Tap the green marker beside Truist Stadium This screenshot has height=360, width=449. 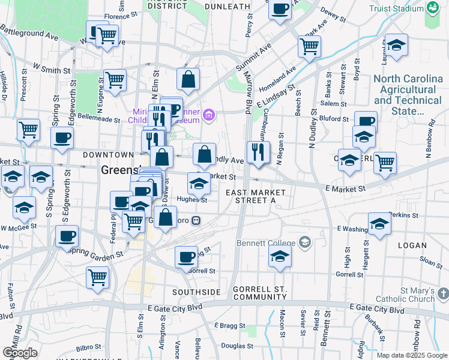coord(432,8)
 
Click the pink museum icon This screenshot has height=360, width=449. coord(209,115)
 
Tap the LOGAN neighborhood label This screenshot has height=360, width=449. coord(412,245)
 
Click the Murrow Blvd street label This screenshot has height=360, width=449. coord(247,90)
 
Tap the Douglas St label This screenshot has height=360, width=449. coord(237,346)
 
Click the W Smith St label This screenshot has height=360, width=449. coord(47,70)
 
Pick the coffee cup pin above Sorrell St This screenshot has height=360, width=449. coord(187,257)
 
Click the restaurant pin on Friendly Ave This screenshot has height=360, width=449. coord(258,152)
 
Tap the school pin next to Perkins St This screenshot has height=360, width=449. coord(379,224)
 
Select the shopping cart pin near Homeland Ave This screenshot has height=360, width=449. coord(309,46)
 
